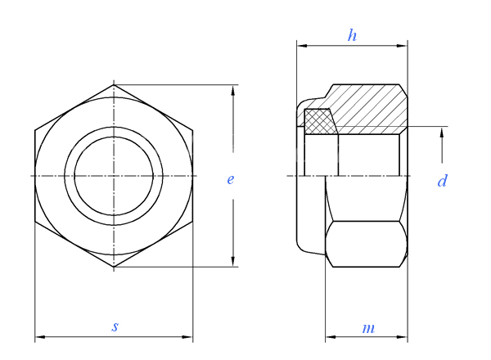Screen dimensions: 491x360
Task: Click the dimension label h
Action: click(352, 35)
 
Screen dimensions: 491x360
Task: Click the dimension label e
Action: click(231, 179)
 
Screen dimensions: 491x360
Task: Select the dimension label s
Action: click(115, 326)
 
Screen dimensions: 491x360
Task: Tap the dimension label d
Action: click(442, 181)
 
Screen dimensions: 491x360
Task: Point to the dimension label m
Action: click(368, 328)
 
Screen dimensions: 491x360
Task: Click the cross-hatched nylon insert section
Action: click(320, 122)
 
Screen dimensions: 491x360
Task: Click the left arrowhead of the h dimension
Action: click(302, 46)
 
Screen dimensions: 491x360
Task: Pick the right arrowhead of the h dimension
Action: click(402, 46)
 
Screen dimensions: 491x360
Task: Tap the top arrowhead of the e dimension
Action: click(232, 90)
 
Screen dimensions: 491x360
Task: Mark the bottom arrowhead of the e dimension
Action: click(232, 261)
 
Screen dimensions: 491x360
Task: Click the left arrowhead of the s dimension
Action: click(40, 337)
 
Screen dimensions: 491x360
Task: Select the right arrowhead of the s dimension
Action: click(187, 337)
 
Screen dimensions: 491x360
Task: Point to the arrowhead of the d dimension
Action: click(442, 133)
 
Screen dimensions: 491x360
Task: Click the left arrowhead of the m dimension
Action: click(331, 337)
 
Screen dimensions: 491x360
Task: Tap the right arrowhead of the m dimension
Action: click(402, 337)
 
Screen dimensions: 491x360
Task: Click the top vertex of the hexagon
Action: click(114, 84)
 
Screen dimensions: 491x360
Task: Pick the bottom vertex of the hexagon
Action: click(114, 267)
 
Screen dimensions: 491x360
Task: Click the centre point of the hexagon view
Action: click(114, 176)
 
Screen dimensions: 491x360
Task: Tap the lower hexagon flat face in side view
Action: click(366, 244)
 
